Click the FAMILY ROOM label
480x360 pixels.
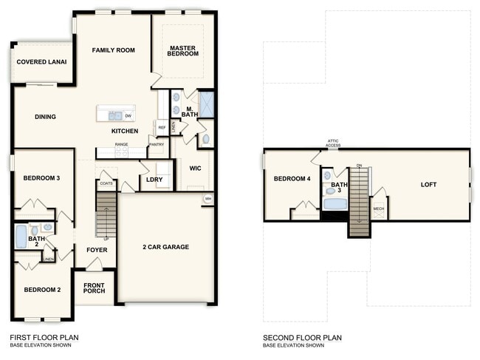[113, 50]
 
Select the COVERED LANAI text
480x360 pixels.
[41, 62]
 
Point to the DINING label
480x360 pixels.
[45, 117]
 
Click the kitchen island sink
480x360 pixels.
[114, 115]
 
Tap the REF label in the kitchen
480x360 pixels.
[162, 128]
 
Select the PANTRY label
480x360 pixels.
[156, 144]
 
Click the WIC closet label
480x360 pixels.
[195, 168]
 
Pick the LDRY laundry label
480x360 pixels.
[154, 179]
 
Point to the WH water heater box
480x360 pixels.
[208, 198]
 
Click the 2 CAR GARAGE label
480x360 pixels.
[166, 247]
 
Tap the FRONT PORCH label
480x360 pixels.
[94, 289]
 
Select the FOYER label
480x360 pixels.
[96, 250]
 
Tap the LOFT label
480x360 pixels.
[429, 185]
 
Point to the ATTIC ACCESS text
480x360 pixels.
[333, 143]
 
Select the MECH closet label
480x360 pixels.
[378, 209]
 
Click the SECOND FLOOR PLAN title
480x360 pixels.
[302, 338]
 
